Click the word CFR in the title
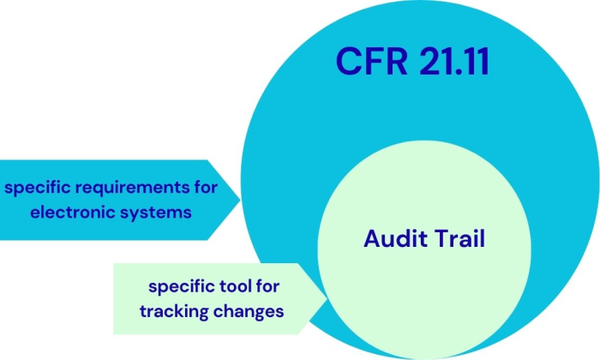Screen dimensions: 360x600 click(363, 63)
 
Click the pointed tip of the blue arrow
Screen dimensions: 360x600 click(243, 199)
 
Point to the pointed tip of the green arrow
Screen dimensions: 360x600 click(327, 298)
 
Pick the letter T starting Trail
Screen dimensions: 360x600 click(442, 238)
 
